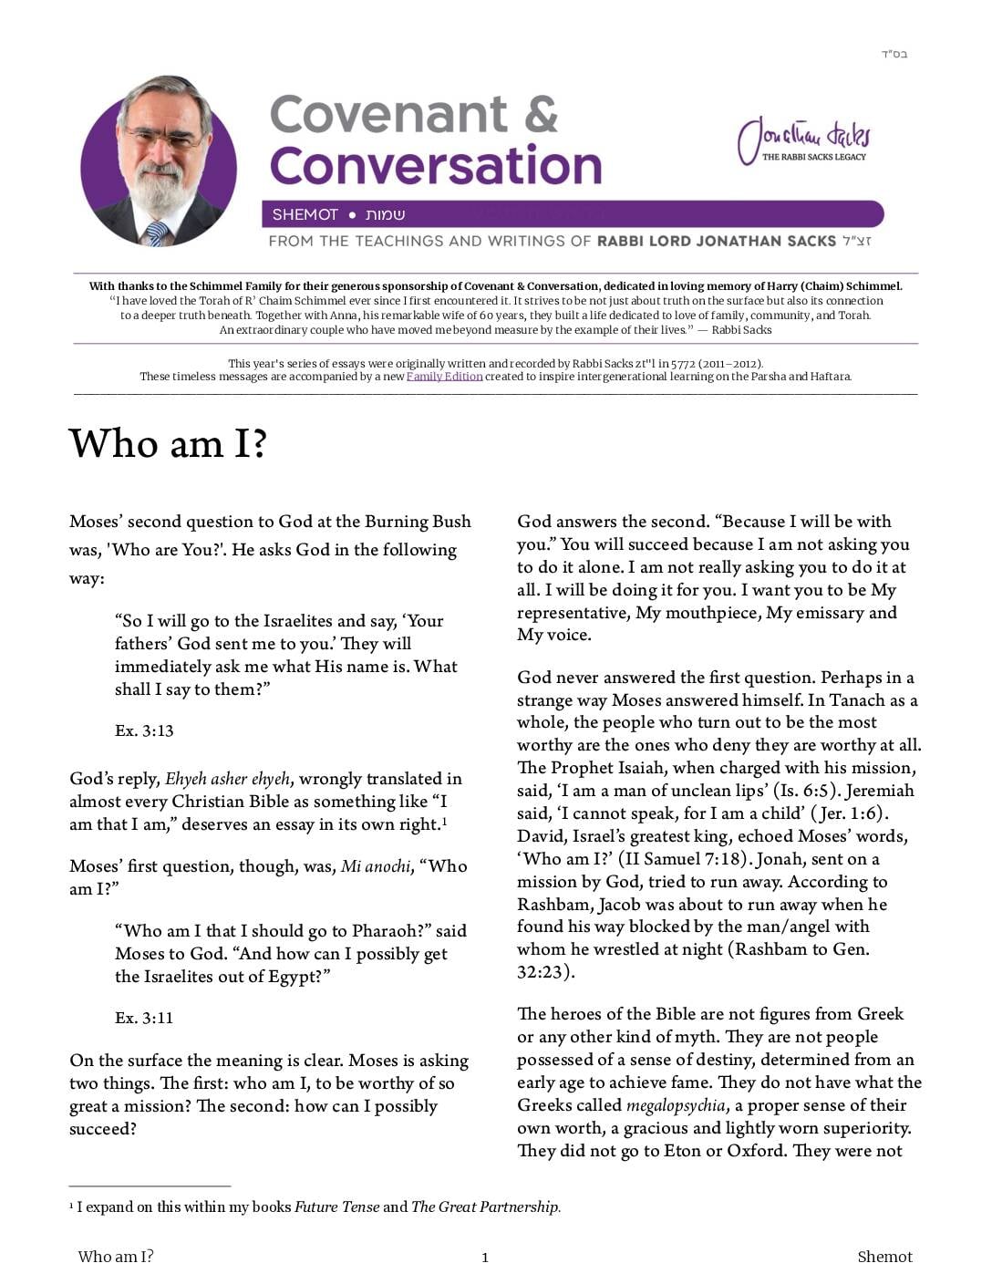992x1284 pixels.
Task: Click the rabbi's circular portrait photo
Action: pos(159,162)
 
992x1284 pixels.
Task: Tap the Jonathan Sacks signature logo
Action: pos(804,140)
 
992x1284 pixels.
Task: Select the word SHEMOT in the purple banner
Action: pos(305,214)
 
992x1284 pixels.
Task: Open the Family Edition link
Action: pos(444,377)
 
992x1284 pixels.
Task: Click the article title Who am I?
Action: pos(168,443)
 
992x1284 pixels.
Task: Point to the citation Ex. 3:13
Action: pos(144,730)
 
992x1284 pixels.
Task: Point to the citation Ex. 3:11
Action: pos(144,1018)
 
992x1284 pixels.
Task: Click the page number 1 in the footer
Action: pos(485,1258)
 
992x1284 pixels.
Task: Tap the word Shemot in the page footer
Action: pos(884,1257)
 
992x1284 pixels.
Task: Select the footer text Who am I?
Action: pos(116,1257)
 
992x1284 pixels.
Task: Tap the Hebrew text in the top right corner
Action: pos(894,55)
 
